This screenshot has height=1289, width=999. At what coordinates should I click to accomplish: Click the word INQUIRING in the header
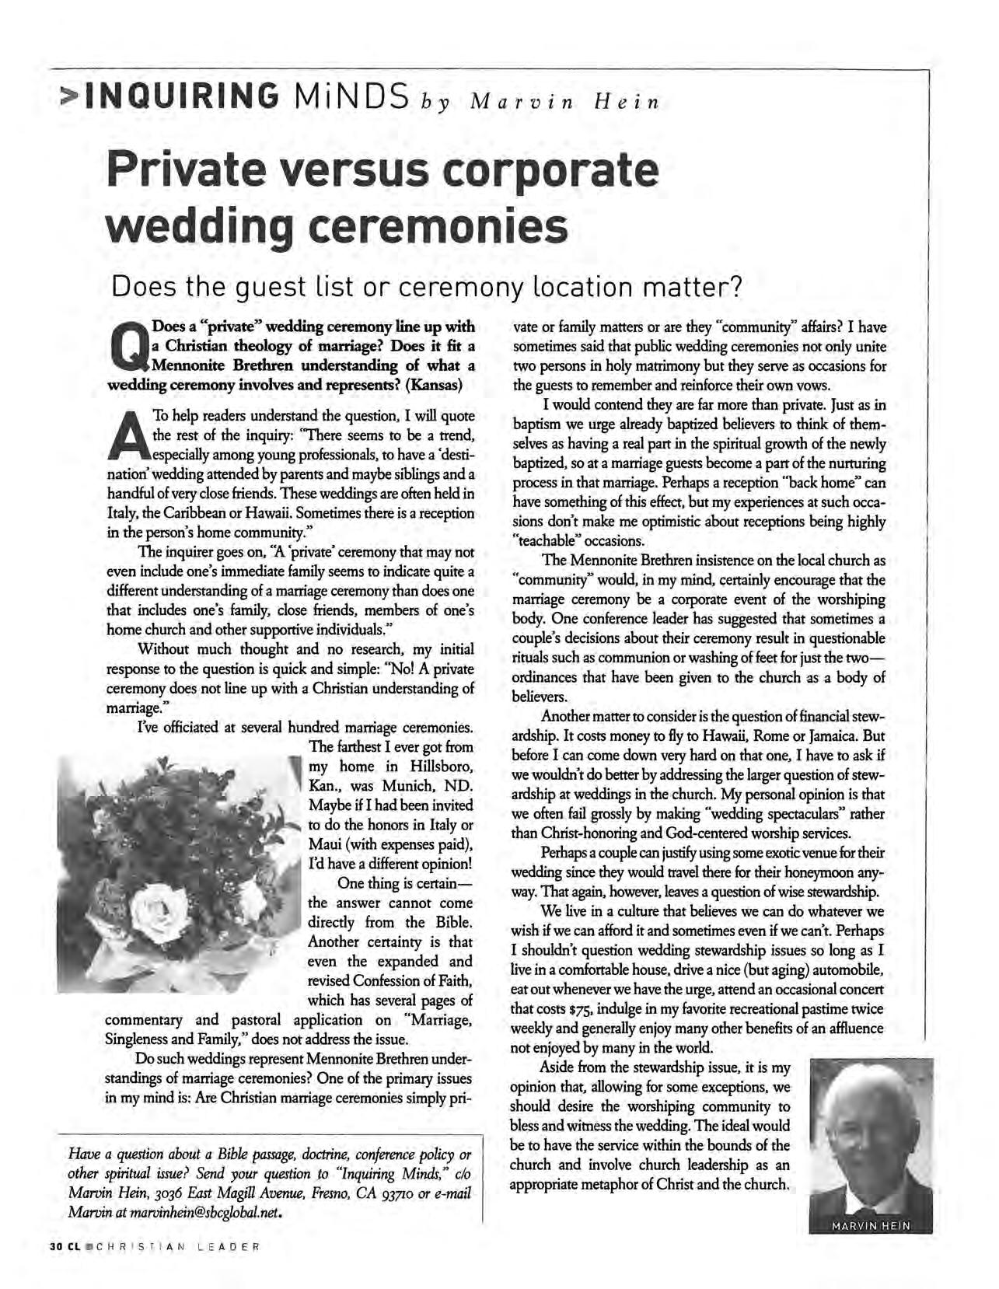(184, 97)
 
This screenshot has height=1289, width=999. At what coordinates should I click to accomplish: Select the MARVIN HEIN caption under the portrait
(870, 1226)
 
